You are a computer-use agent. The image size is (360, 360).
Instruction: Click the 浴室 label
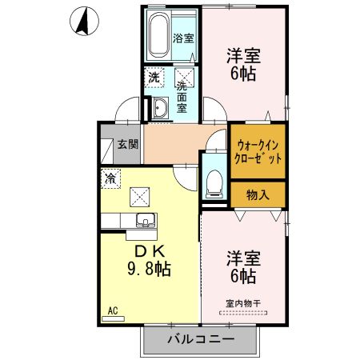point(184,38)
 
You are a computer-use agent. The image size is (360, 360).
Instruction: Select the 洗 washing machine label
point(152,78)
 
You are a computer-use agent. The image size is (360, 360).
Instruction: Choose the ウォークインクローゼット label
point(258,151)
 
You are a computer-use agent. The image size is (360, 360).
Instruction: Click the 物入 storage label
point(258,194)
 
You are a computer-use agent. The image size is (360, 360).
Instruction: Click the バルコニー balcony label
point(200,338)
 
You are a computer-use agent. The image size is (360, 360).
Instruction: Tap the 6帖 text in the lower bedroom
point(244,278)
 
